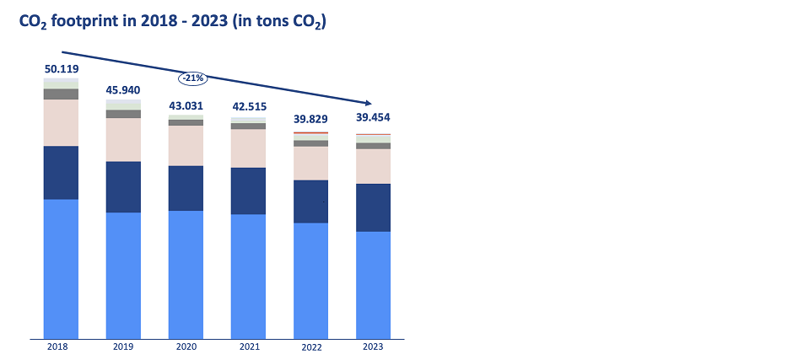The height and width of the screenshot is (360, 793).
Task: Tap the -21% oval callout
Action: (191, 78)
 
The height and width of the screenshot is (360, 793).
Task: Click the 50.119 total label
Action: (61, 68)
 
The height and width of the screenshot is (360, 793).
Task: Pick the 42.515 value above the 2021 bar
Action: (248, 106)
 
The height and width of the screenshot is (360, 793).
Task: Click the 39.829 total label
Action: (310, 119)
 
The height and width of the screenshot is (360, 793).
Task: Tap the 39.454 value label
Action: (373, 117)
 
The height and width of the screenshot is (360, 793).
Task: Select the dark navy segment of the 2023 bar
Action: (373, 207)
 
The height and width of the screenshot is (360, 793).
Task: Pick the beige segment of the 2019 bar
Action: (123, 139)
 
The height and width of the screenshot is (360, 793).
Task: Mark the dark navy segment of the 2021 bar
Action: (248, 191)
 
